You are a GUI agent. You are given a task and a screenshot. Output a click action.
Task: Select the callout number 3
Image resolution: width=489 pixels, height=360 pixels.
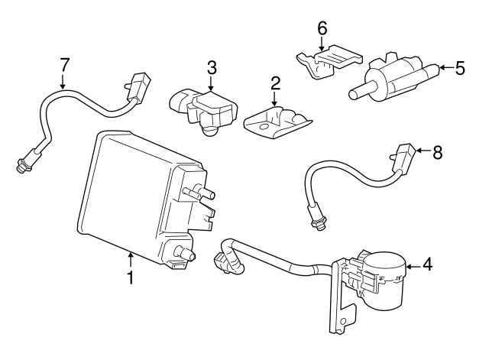pyautogui.click(x=212, y=67)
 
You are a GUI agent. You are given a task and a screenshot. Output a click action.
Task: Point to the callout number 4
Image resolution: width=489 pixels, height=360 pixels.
pyautogui.click(x=428, y=265)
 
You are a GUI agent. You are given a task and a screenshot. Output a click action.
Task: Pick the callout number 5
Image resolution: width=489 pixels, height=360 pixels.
pyautogui.click(x=459, y=68)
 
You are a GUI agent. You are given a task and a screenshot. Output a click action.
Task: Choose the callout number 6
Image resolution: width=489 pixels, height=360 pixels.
pyautogui.click(x=322, y=28)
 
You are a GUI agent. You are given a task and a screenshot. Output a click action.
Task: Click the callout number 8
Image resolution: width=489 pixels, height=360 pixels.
pyautogui.click(x=437, y=152)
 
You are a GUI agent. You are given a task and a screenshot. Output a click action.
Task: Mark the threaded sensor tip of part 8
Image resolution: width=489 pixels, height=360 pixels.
pyautogui.click(x=313, y=219)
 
